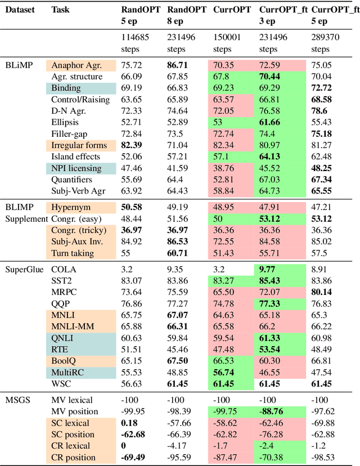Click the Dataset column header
tap(19, 10)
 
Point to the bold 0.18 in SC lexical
tap(129, 423)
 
